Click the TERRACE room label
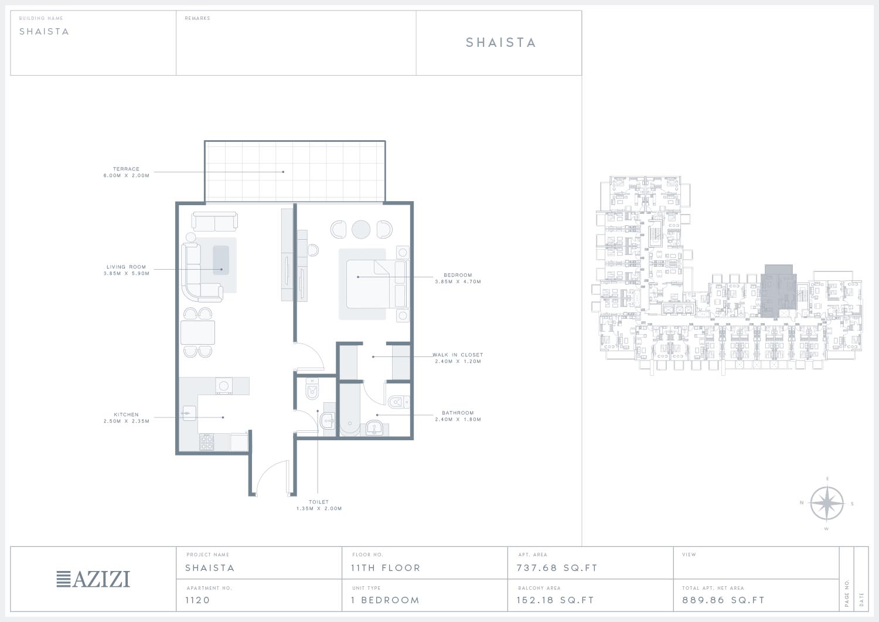tap(126, 169)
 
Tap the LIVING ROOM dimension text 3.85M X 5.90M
tap(127, 274)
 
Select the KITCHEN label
tap(126, 414)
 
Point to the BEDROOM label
tap(458, 276)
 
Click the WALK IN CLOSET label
tap(458, 355)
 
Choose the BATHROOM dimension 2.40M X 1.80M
tap(458, 419)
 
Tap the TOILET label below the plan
tap(319, 502)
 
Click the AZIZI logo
tap(93, 579)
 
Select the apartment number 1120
tap(198, 600)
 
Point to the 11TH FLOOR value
tap(386, 568)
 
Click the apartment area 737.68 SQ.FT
tap(557, 568)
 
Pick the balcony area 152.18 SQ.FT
tap(556, 600)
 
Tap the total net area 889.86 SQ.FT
tap(723, 600)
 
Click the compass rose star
tap(827, 504)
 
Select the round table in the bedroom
tap(361, 230)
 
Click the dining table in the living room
tap(198, 332)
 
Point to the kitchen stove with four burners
tap(207, 442)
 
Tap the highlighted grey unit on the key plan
tap(779, 292)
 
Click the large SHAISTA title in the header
tap(500, 43)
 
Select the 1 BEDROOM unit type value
tap(386, 600)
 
